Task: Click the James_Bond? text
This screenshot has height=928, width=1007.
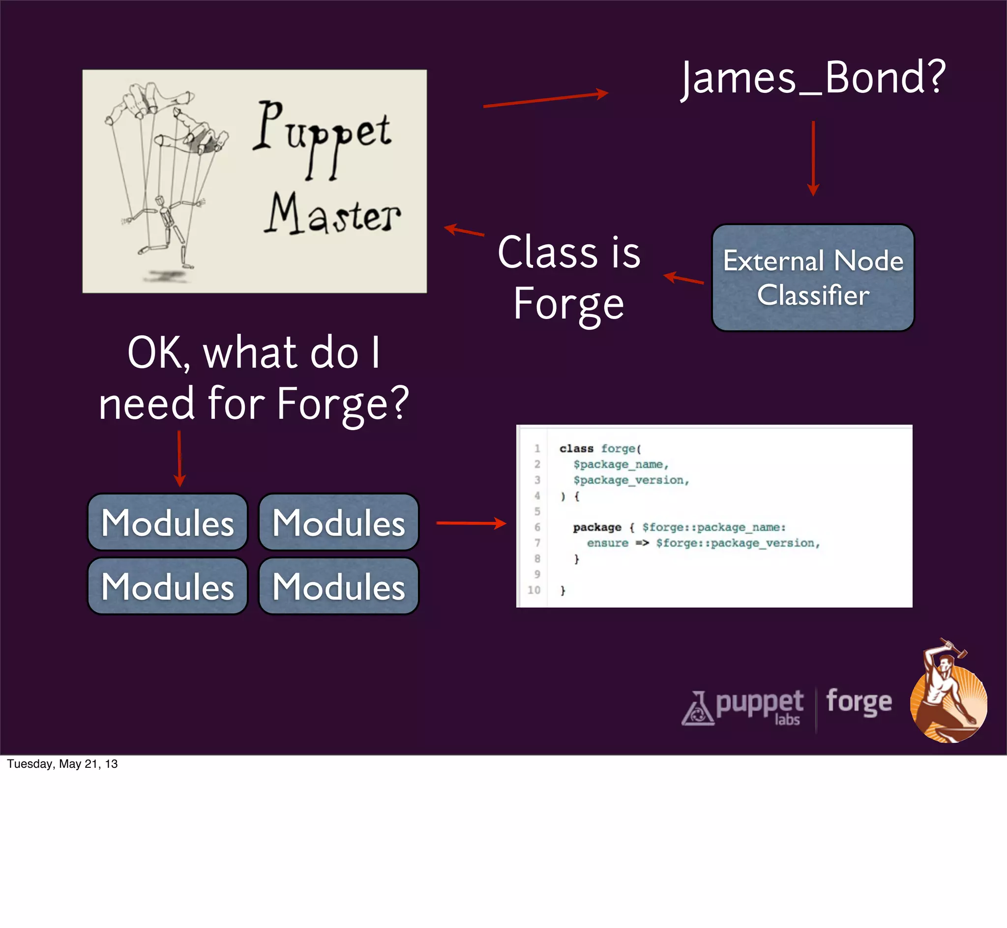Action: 813,78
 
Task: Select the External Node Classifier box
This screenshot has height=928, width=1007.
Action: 813,278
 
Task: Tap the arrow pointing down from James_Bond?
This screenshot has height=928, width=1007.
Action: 813,158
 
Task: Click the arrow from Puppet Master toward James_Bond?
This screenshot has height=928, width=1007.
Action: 545,99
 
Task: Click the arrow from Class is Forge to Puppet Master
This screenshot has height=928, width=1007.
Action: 464,231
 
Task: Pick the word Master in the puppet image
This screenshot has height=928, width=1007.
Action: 332,215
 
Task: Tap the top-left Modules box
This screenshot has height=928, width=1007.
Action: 168,522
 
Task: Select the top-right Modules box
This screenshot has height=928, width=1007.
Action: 338,522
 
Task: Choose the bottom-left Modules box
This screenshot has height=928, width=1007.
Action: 168,586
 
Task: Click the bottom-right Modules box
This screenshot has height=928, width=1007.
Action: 338,586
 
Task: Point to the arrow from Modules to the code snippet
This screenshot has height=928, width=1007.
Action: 471,523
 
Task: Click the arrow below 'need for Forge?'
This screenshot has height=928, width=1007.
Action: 179,459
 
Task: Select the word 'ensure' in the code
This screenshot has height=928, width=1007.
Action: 607,543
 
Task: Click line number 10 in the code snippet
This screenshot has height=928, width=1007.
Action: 534,590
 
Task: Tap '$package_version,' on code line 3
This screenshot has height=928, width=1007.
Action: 631,480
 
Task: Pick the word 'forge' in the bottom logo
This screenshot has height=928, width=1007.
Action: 859,701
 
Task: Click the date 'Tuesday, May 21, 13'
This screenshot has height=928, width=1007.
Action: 62,764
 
